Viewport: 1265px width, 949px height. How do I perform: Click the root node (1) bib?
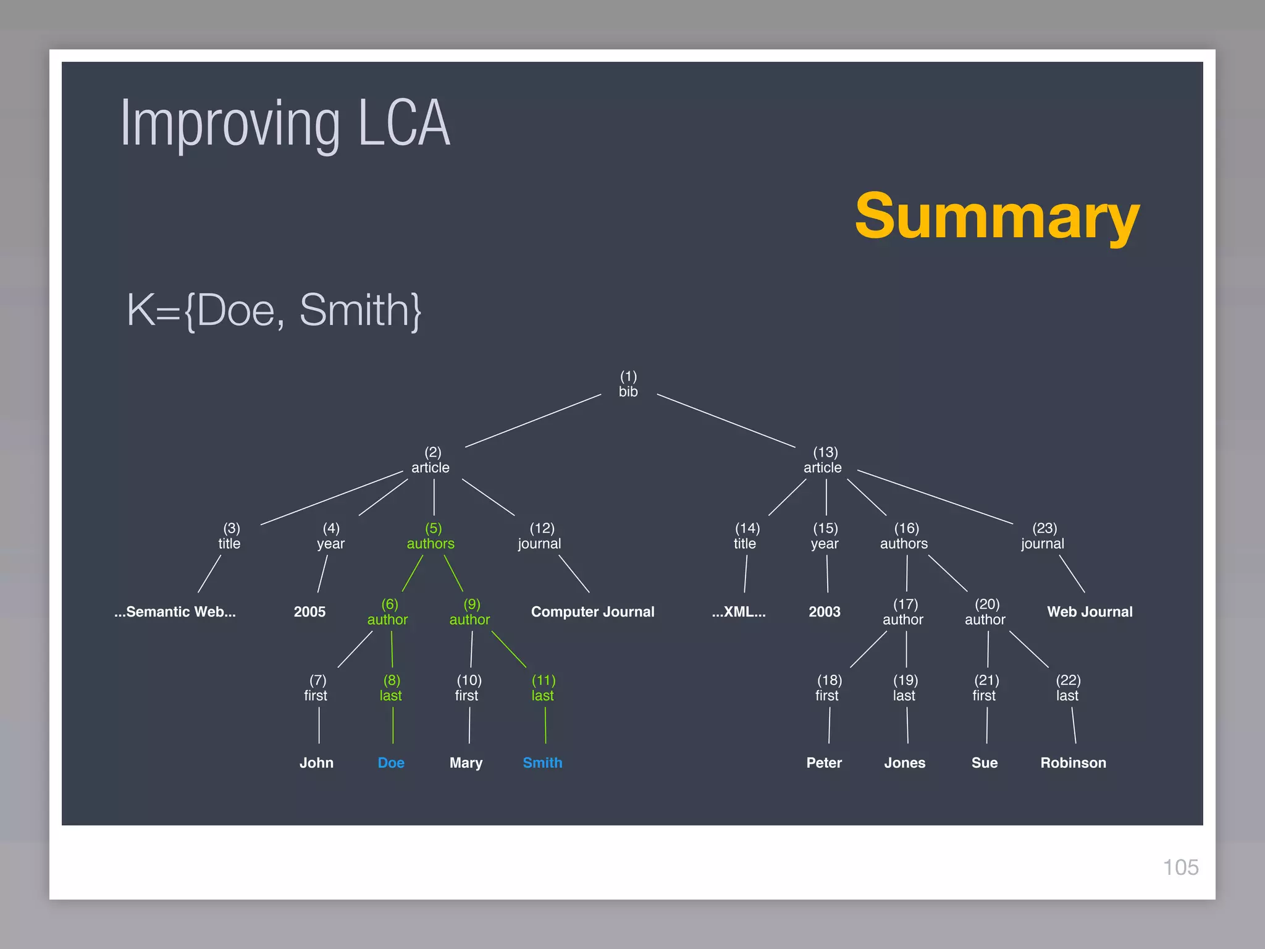(x=628, y=384)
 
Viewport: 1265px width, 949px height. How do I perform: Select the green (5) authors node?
(x=431, y=536)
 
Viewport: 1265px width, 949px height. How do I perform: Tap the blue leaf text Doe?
(x=391, y=763)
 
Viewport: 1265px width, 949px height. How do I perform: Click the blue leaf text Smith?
(x=542, y=763)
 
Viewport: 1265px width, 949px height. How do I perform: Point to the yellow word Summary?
(x=997, y=216)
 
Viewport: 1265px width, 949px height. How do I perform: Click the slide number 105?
(x=1180, y=867)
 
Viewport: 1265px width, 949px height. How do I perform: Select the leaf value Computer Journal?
(x=592, y=612)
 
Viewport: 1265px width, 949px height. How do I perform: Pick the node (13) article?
(x=823, y=460)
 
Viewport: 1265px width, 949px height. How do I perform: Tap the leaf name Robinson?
(x=1073, y=763)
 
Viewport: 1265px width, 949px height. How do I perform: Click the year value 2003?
(x=825, y=612)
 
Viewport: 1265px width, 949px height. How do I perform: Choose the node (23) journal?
(x=1043, y=536)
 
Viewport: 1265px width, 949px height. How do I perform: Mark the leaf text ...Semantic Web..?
(x=175, y=612)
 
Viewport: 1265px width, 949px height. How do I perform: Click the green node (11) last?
(x=543, y=688)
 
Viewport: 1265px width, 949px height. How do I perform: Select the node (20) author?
(x=985, y=612)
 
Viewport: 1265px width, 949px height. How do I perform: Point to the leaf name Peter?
(x=824, y=763)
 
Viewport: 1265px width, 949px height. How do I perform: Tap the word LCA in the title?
(x=404, y=124)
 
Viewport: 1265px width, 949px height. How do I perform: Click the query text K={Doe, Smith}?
(x=274, y=310)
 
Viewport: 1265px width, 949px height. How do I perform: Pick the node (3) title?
(x=230, y=536)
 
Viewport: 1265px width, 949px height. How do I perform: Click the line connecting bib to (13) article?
(x=726, y=421)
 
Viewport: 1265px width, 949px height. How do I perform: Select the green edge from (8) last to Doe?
(x=393, y=725)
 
